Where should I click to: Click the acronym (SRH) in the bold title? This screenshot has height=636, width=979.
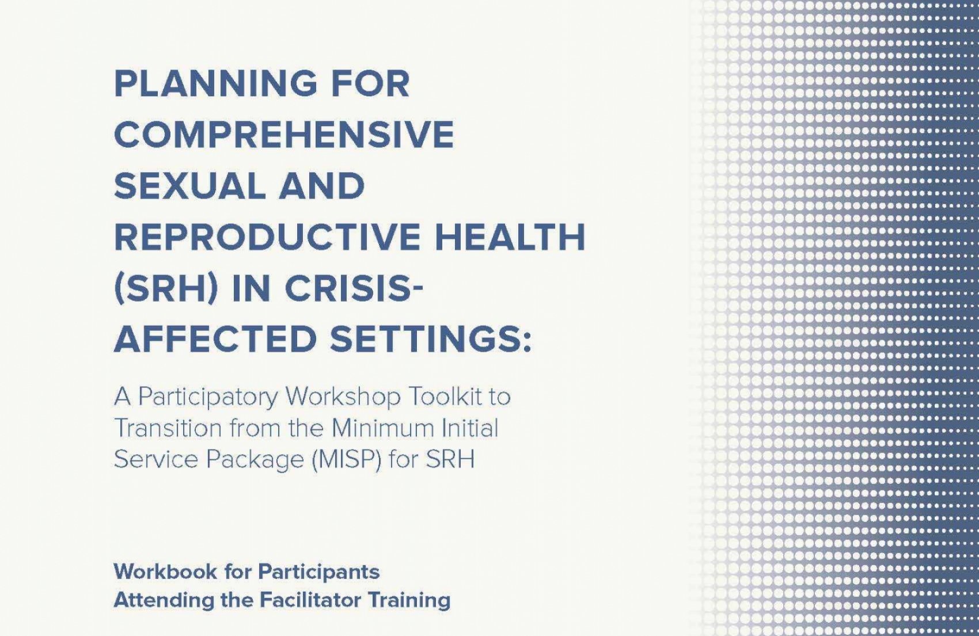(x=166, y=289)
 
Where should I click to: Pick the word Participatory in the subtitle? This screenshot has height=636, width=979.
(x=208, y=398)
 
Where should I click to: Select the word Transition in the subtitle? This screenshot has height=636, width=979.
(x=168, y=428)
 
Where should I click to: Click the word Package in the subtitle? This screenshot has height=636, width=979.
(x=255, y=459)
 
